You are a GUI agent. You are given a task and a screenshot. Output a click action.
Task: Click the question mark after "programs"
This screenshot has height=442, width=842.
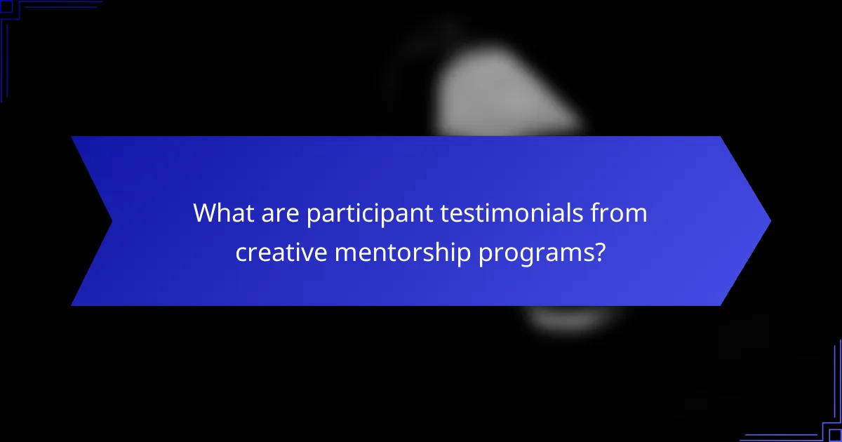click(599, 252)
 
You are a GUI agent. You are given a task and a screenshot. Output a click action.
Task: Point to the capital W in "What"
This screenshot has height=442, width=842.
click(204, 213)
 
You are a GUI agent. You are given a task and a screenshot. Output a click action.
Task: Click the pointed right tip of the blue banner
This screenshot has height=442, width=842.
click(769, 221)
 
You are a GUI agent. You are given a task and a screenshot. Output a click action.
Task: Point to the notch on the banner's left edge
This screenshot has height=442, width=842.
click(111, 221)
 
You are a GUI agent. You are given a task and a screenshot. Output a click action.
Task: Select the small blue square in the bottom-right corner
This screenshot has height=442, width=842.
click(836, 436)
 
